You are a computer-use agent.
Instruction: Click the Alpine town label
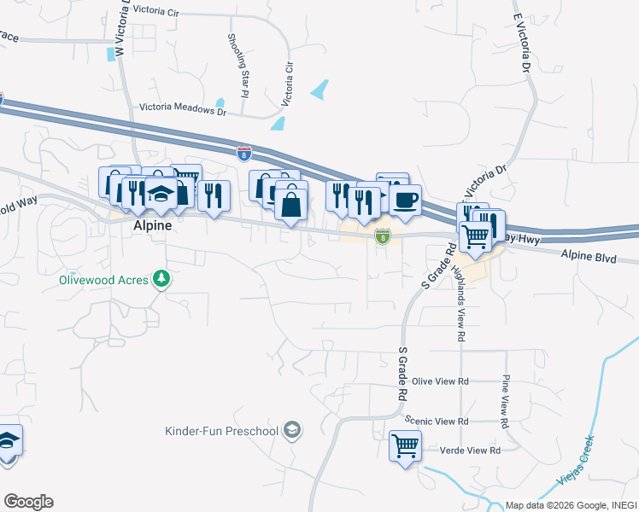pyautogui.click(x=153, y=226)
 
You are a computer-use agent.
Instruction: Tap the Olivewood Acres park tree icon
pyautogui.click(x=161, y=279)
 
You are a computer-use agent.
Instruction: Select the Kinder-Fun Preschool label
pyautogui.click(x=222, y=430)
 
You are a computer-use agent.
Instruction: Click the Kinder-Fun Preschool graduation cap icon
pyautogui.click(x=293, y=429)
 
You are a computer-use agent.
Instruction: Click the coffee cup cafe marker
pyautogui.click(x=405, y=200)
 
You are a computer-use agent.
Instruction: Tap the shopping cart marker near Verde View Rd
pyautogui.click(x=405, y=445)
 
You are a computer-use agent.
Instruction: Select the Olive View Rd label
pyautogui.click(x=440, y=381)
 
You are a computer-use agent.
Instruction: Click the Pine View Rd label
pyautogui.click(x=505, y=400)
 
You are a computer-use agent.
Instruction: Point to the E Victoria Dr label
pyautogui.click(x=522, y=42)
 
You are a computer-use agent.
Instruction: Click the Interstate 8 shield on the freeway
pyautogui.click(x=244, y=154)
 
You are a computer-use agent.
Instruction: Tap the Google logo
pyautogui.click(x=28, y=502)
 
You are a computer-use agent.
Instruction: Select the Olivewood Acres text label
pyautogui.click(x=103, y=279)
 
